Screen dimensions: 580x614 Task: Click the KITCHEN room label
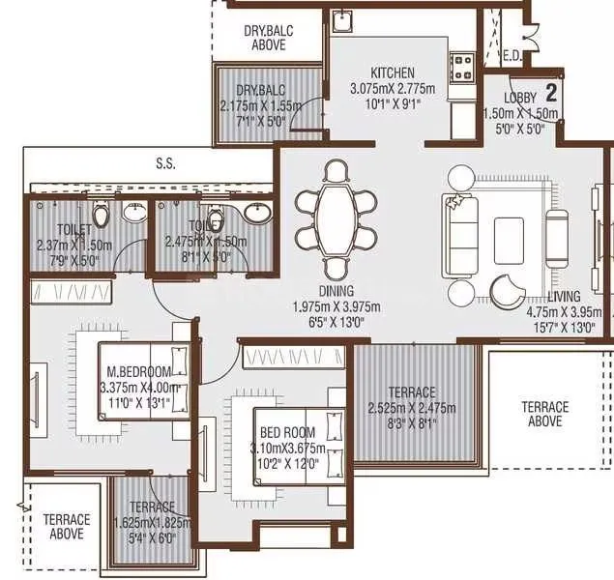(x=393, y=72)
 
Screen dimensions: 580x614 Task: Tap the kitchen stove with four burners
(x=462, y=67)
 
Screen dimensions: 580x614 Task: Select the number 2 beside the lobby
(x=551, y=93)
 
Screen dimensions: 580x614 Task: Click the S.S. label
(x=165, y=164)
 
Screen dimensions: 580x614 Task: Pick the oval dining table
(x=336, y=219)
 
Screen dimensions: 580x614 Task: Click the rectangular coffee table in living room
(x=509, y=233)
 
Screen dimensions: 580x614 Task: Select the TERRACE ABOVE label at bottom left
(x=67, y=527)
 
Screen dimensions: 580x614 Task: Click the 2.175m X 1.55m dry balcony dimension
(x=248, y=105)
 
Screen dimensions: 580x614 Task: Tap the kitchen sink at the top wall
(x=343, y=21)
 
